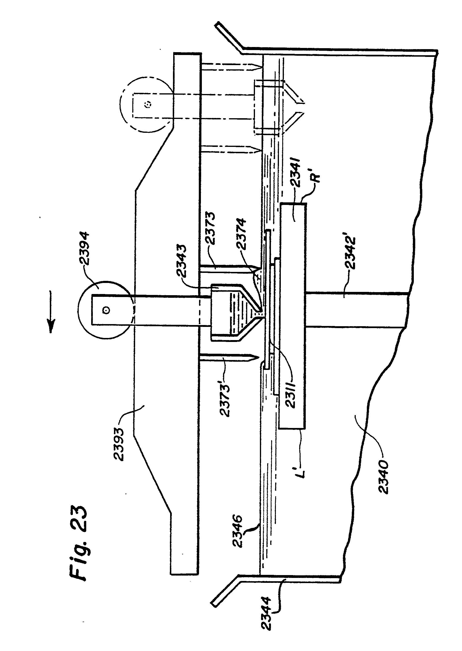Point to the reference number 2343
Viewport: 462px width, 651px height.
(x=181, y=261)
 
